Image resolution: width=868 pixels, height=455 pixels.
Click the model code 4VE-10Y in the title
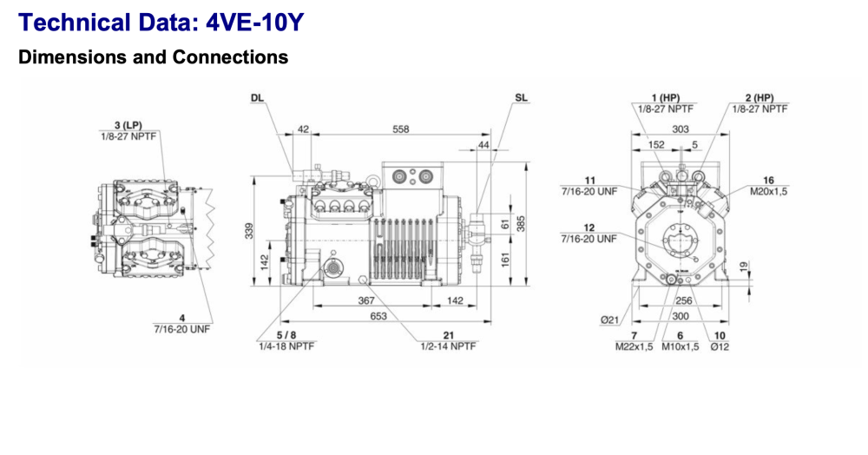click(255, 22)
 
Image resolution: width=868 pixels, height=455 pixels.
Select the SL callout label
click(520, 98)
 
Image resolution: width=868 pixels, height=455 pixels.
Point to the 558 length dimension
click(400, 129)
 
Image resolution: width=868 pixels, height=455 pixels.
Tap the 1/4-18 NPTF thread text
click(286, 346)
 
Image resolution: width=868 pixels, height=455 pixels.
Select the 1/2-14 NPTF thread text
click(448, 346)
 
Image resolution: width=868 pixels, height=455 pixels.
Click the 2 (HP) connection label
click(759, 98)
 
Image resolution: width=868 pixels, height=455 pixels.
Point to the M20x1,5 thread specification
click(768, 191)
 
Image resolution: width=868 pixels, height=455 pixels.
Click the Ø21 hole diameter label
click(611, 320)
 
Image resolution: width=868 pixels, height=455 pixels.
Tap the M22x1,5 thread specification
click(635, 346)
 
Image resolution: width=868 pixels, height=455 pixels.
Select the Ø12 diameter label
click(720, 346)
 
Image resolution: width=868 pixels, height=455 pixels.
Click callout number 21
click(448, 335)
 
